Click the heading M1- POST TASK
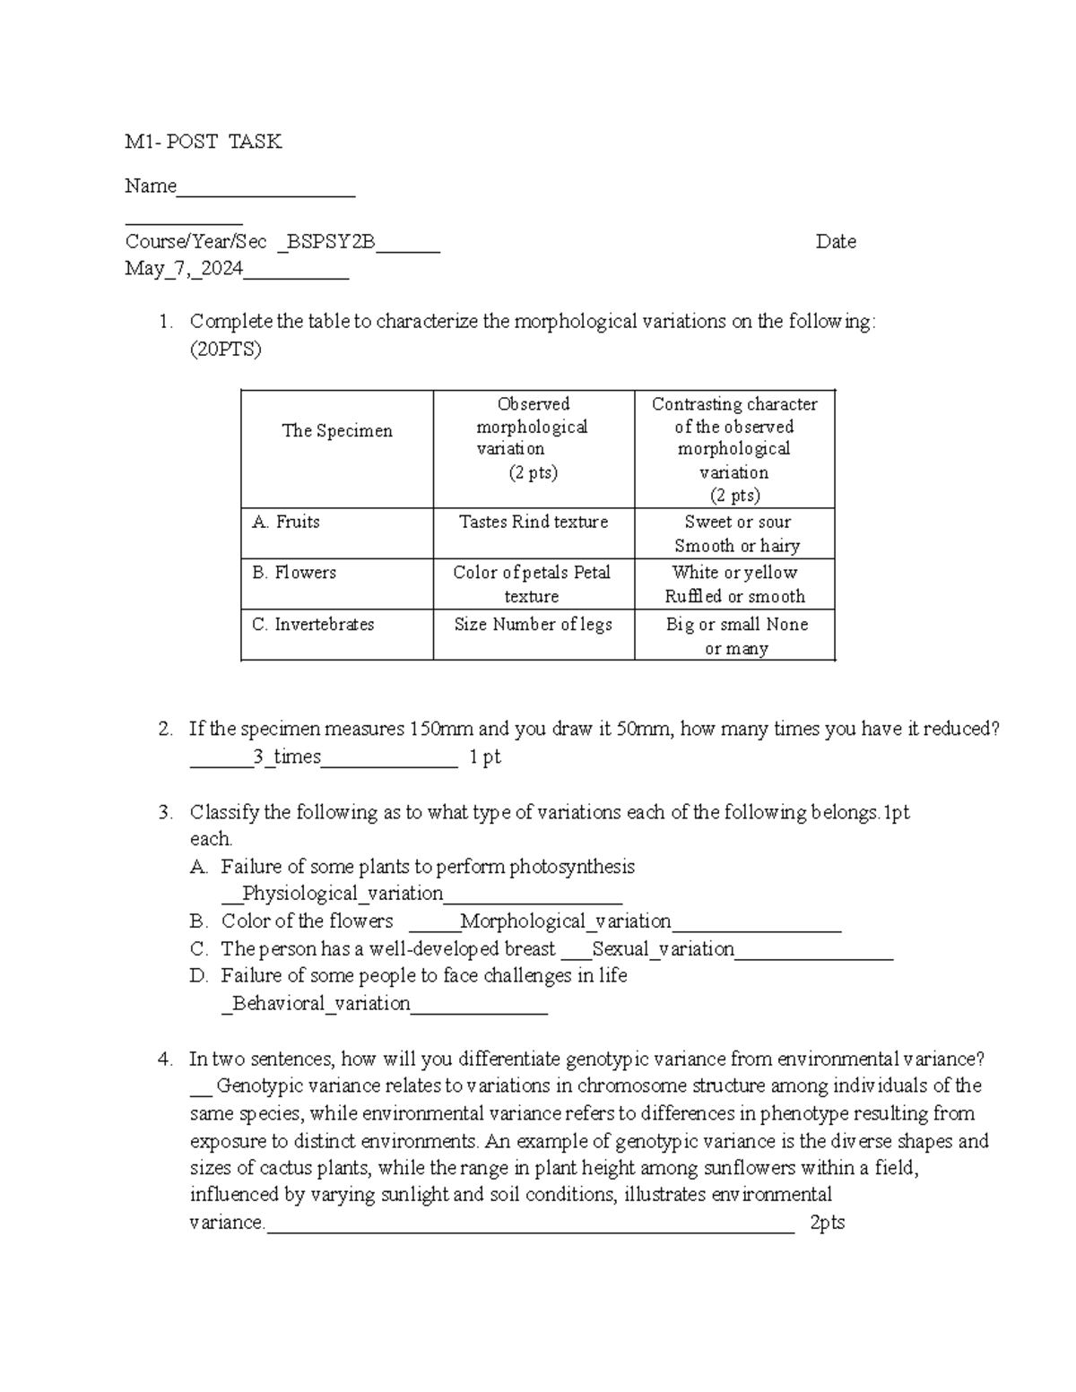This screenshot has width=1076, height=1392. (204, 142)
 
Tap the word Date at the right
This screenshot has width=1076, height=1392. (836, 242)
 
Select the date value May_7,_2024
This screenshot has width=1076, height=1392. (185, 269)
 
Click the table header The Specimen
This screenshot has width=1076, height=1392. (337, 431)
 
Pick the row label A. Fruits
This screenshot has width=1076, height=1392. (286, 522)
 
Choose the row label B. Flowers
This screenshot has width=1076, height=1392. (294, 573)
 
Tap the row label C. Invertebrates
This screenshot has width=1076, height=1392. (313, 625)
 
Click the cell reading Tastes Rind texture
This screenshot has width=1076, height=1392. (534, 522)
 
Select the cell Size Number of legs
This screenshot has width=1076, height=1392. (534, 625)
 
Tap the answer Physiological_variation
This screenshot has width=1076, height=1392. (343, 894)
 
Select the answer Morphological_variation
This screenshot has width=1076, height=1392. (566, 921)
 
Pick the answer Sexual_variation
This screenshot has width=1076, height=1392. (664, 949)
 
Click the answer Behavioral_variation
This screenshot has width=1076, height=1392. (321, 1004)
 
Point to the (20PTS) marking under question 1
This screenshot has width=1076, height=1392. (225, 350)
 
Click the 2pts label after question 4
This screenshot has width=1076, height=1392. (827, 1223)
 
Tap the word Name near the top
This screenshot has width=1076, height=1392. (151, 186)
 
